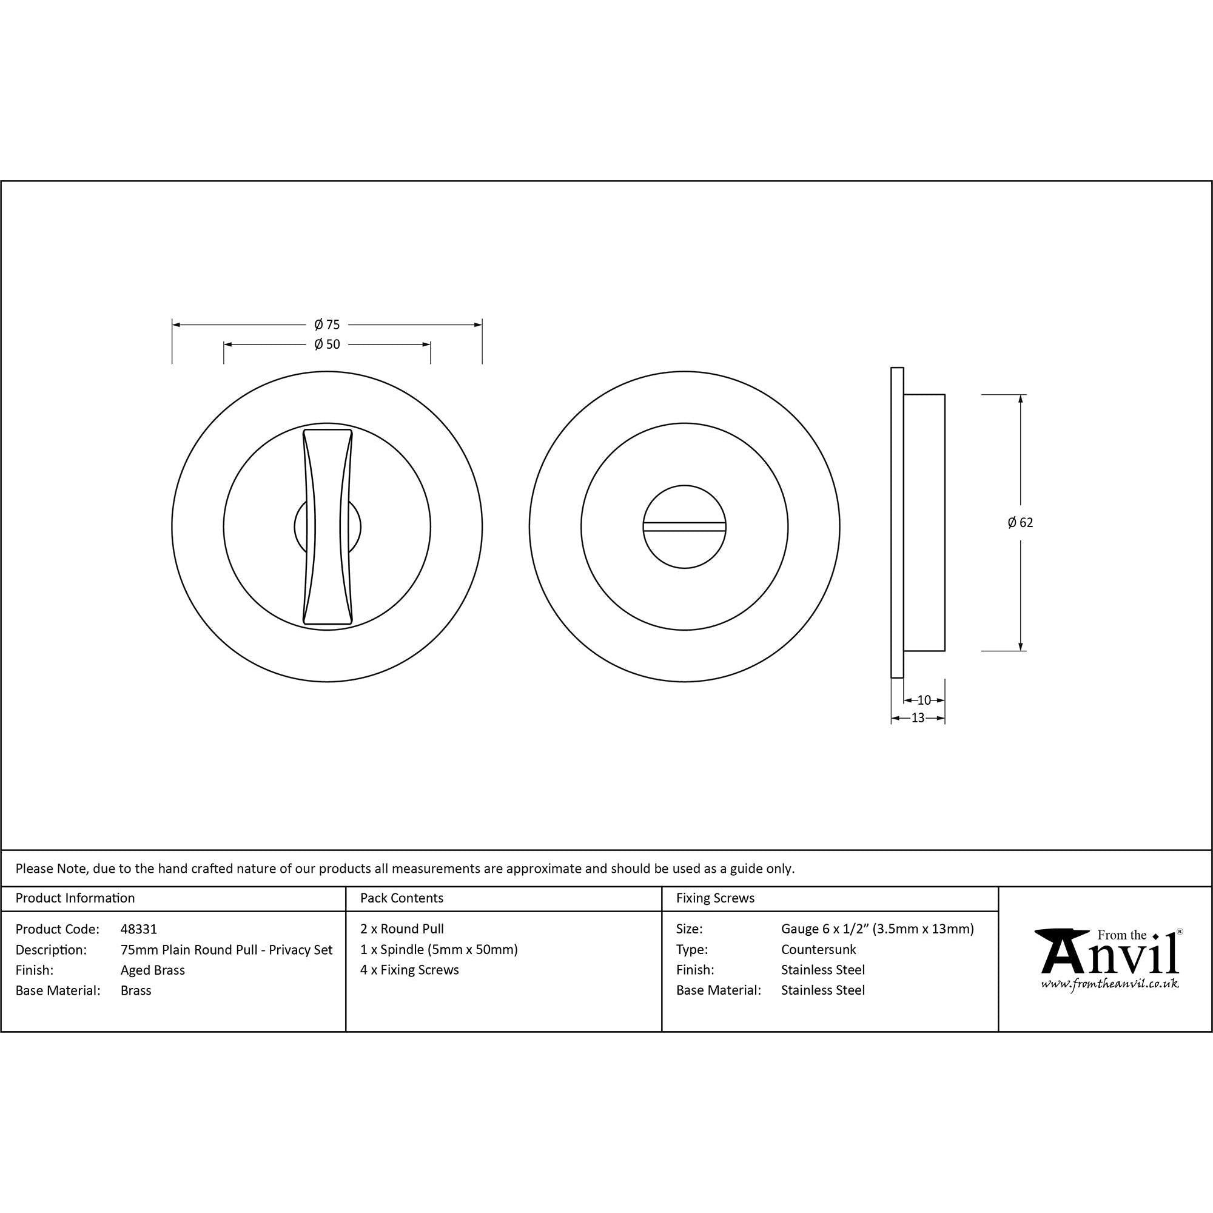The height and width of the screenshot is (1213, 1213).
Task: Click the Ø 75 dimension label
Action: pos(327,324)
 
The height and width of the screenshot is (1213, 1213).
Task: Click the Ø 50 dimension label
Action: pos(327,344)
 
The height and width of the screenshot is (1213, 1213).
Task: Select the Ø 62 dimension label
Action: pos(1020,522)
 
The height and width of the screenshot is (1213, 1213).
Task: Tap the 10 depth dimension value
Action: pos(924,700)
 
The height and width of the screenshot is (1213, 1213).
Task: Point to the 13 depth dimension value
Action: pos(918,718)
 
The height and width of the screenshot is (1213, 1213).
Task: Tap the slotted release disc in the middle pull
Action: pos(684,526)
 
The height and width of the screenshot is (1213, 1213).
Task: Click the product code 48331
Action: pos(139,929)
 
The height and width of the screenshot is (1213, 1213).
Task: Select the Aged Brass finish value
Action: pos(153,970)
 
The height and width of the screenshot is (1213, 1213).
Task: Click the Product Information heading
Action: pos(75,898)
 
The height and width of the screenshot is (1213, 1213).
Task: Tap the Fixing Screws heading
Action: pos(715,898)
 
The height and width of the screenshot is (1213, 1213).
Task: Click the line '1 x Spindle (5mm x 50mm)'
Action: pos(439,949)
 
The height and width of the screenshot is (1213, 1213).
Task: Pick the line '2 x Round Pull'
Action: pos(402,929)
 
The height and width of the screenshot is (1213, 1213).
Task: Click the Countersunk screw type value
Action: pos(818,949)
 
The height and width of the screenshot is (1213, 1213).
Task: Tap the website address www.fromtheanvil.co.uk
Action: pos(1109,984)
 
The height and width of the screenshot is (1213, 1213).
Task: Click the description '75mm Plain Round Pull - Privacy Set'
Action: pos(227,949)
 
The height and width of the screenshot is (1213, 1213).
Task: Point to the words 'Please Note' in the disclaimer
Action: pos(52,869)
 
